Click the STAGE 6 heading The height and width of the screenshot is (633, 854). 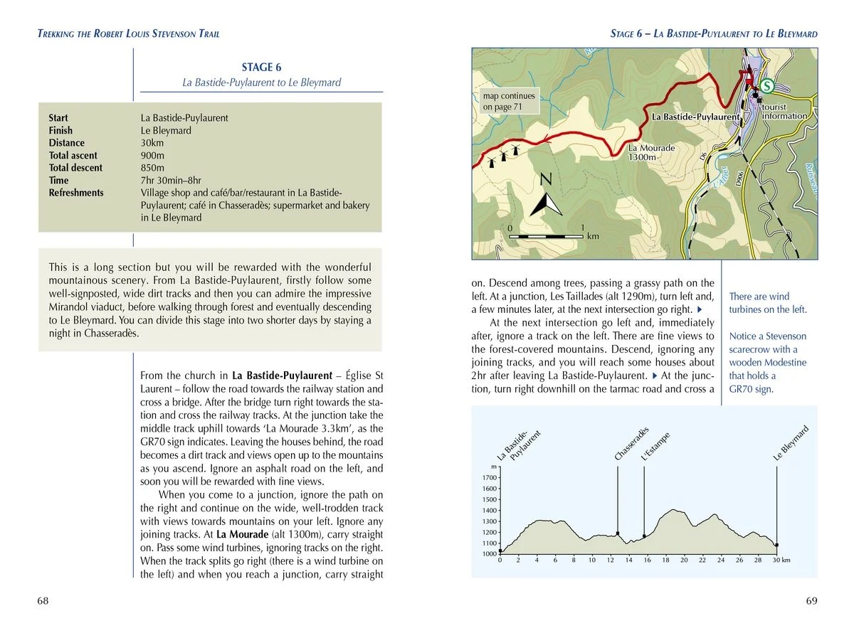click(x=261, y=68)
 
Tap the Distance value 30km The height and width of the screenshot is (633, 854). click(x=153, y=143)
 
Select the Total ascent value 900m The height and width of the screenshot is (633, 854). click(x=153, y=155)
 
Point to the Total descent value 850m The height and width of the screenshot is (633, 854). click(x=153, y=168)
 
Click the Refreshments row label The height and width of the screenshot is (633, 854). click(x=76, y=193)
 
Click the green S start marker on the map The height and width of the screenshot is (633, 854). click(x=767, y=86)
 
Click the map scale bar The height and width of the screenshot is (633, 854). click(x=547, y=235)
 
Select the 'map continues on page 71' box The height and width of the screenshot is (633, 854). click(x=508, y=102)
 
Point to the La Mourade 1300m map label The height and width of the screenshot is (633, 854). click(x=651, y=152)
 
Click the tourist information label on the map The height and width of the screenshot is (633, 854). click(x=784, y=112)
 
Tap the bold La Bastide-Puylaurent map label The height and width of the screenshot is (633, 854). click(x=695, y=117)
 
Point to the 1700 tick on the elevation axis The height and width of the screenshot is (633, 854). click(x=490, y=478)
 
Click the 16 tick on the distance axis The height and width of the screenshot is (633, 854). click(x=647, y=560)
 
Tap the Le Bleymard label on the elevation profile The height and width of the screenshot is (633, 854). click(x=791, y=443)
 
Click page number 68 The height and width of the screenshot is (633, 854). click(x=43, y=601)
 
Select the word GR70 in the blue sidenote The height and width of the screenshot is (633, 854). click(x=741, y=389)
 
